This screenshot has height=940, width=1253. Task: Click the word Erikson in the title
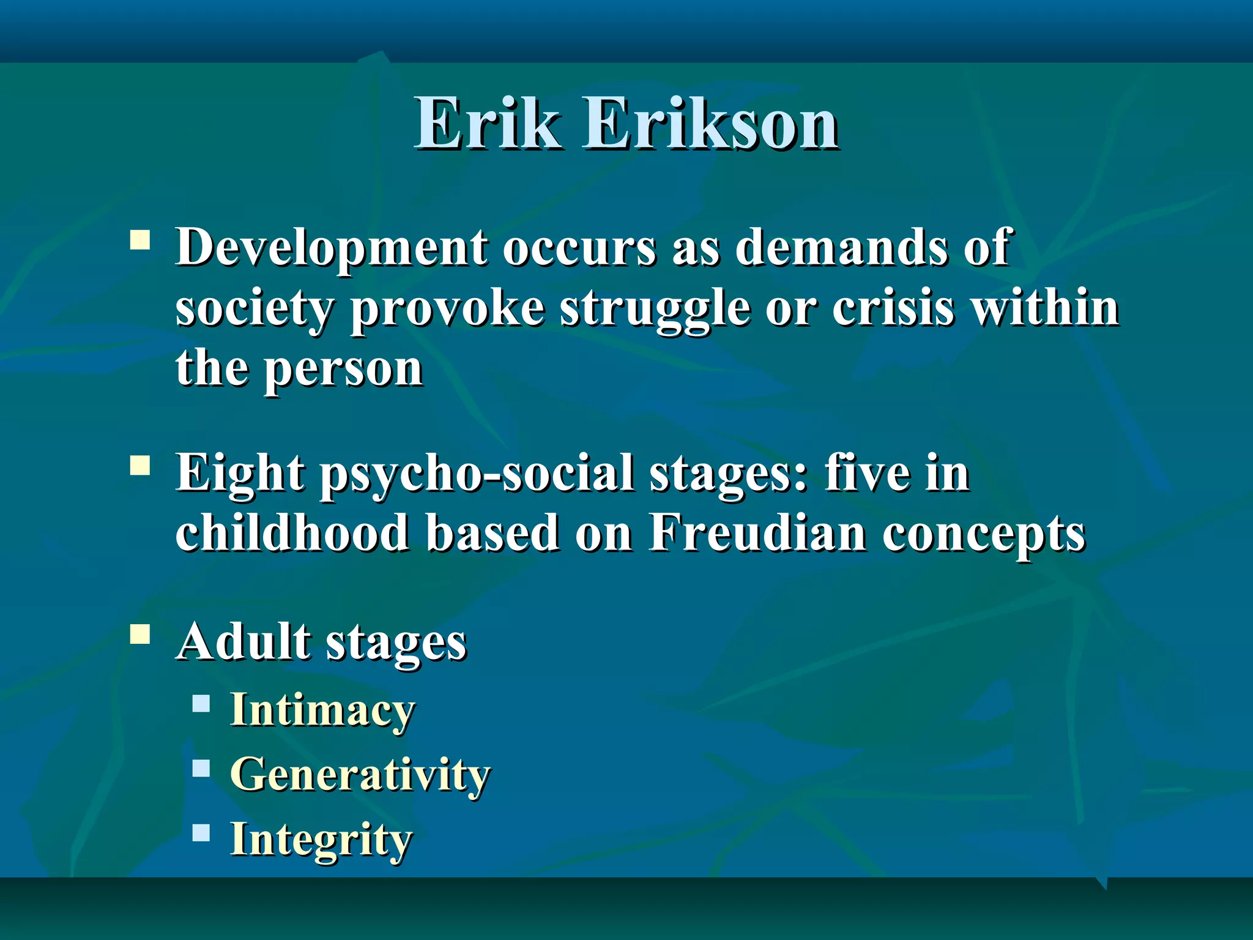[712, 124]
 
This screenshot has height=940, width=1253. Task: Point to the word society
[255, 310]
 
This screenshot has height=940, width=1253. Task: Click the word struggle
[655, 310]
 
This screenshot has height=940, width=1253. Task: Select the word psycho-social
[478, 475]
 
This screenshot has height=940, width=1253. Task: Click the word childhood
[292, 532]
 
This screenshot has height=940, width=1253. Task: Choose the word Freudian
[757, 532]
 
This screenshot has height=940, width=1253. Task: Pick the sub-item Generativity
[360, 774]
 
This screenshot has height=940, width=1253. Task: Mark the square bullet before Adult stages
[140, 635]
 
